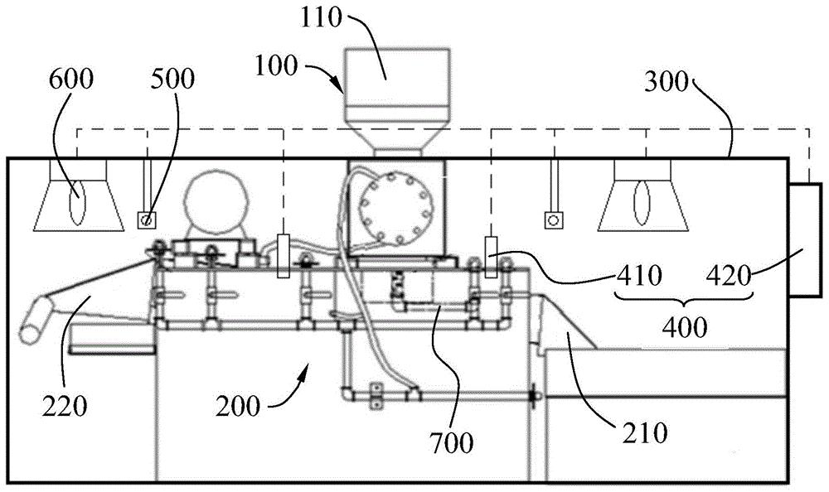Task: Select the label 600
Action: point(70,79)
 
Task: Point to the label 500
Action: point(172,79)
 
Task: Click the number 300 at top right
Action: point(667,82)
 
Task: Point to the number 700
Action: point(451,442)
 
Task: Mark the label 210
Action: point(645,433)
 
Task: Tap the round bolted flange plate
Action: point(395,205)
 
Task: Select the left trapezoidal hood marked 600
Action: point(79,195)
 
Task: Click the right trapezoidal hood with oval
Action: point(643,195)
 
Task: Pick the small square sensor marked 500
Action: point(147,219)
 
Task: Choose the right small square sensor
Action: point(553,219)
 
